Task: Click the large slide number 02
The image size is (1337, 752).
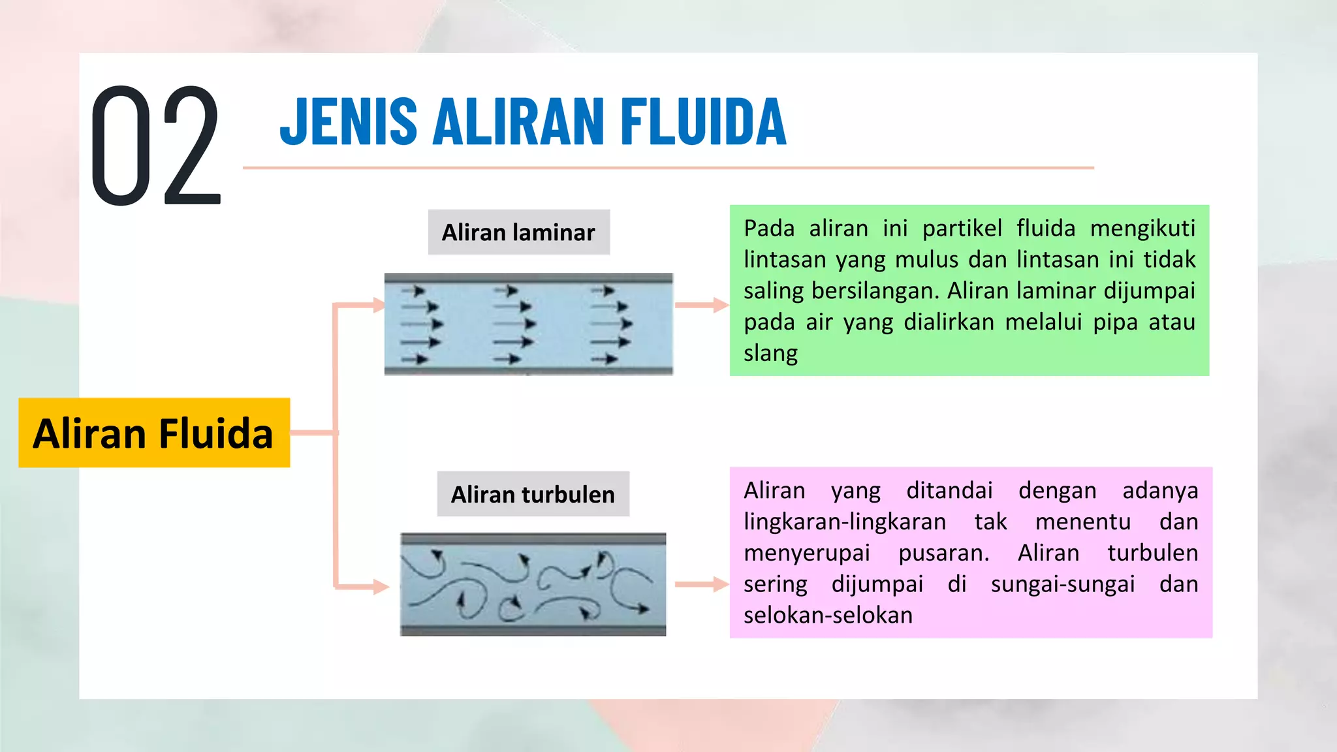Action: pos(155,146)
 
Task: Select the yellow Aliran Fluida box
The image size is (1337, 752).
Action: pos(154,433)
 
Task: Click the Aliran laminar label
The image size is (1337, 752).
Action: pos(518,232)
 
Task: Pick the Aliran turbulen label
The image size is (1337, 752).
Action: pos(533,494)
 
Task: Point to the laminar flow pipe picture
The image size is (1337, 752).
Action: pos(528,324)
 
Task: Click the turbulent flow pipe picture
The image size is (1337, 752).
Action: pos(533,584)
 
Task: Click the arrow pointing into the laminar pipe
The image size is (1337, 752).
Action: pos(366,305)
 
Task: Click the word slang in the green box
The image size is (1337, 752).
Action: pos(770,354)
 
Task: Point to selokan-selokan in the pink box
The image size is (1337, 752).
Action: pos(828,616)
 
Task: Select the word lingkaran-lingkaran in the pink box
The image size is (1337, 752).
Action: pos(845,522)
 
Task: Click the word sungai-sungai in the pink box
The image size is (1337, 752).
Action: pos(1063,584)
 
